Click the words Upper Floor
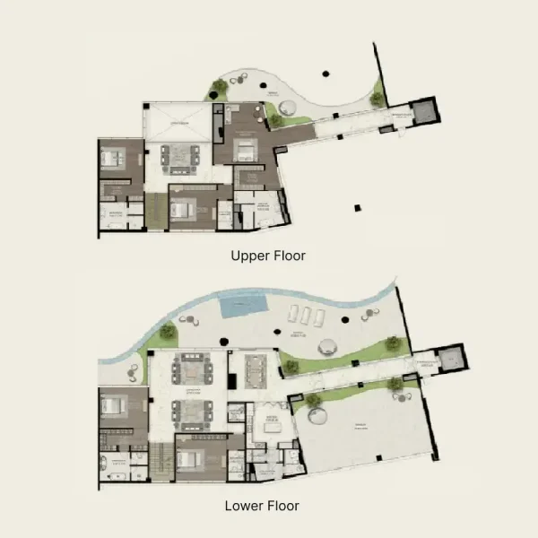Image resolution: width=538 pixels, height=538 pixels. [268, 256]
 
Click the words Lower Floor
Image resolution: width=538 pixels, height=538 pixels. [262, 506]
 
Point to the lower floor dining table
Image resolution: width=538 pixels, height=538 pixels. [255, 367]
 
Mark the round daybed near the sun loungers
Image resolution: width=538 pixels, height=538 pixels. [325, 347]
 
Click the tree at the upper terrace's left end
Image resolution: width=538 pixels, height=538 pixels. [219, 88]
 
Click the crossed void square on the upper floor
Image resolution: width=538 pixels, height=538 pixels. [178, 120]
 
